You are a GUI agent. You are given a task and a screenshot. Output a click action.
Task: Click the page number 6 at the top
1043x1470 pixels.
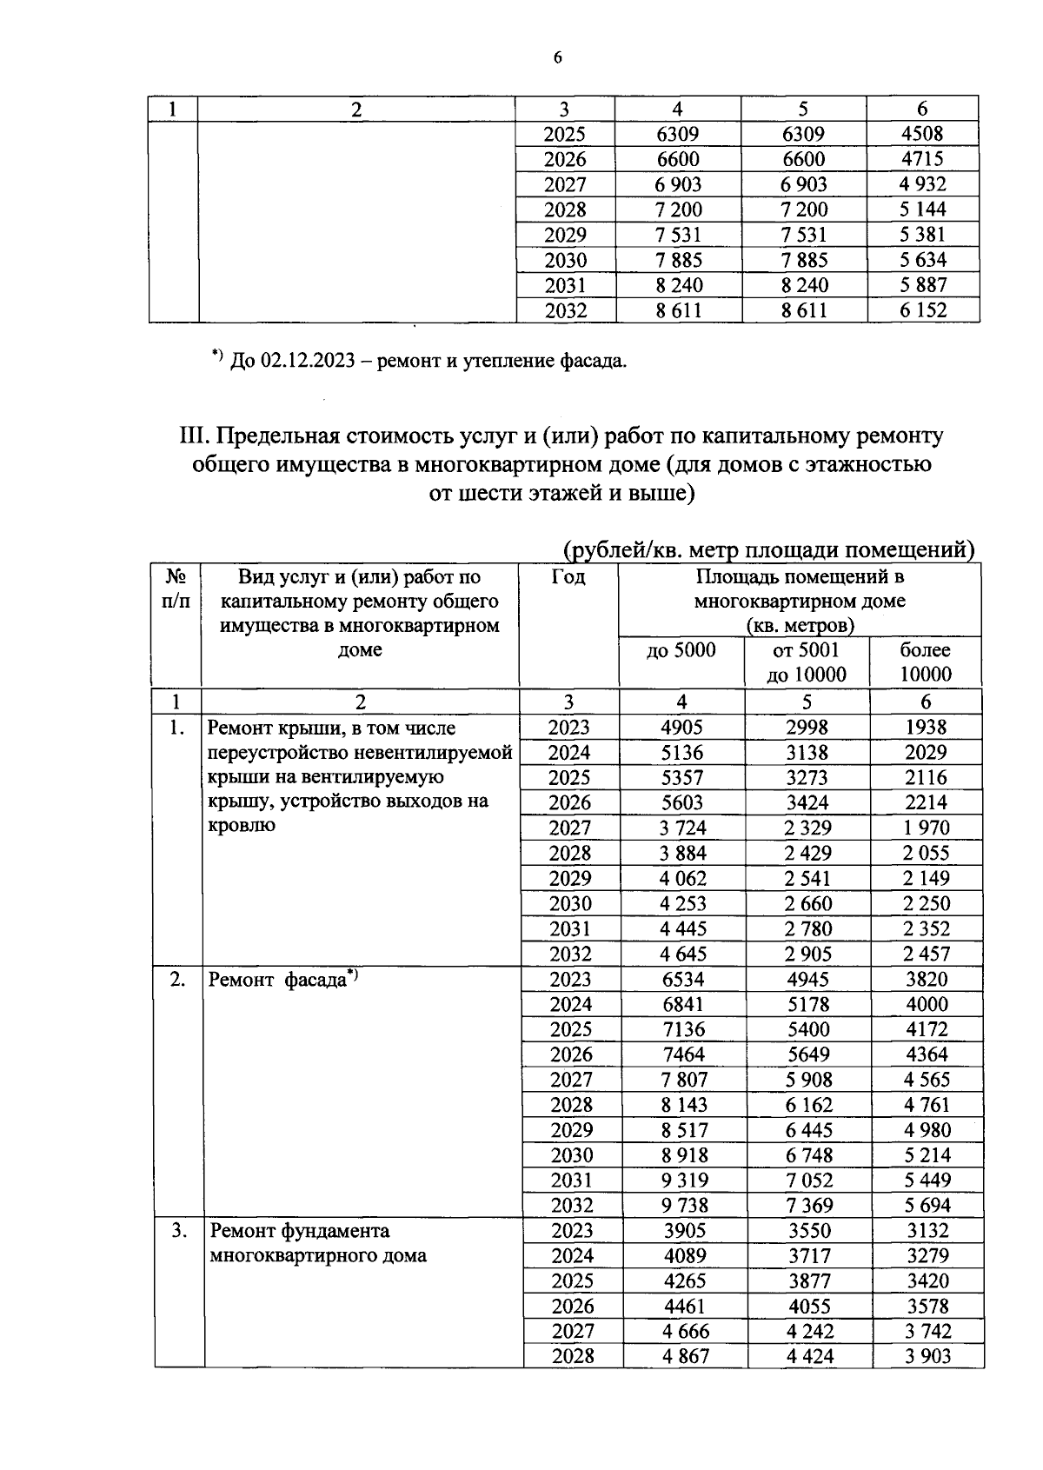[557, 58]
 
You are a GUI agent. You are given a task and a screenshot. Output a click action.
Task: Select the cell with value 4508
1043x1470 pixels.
[922, 134]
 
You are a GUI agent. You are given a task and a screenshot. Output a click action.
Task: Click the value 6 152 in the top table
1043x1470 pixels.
[922, 310]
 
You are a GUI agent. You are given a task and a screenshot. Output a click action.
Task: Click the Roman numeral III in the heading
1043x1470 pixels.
[190, 435]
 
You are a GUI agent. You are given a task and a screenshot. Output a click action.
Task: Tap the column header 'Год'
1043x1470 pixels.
[568, 577]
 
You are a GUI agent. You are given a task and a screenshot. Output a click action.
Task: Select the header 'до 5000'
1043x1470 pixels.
[681, 650]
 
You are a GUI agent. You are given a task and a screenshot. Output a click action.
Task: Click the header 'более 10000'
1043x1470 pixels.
[925, 662]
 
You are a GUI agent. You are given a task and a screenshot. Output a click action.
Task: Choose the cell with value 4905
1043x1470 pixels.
[681, 728]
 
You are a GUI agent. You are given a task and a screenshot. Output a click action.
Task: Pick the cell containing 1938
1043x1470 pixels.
[925, 728]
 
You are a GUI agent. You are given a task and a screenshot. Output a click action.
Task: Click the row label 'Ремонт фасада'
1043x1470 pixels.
[278, 981]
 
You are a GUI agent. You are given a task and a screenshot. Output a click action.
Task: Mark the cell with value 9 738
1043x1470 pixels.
[683, 1205]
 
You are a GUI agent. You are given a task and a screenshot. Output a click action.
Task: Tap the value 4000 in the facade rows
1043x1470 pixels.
[926, 1004]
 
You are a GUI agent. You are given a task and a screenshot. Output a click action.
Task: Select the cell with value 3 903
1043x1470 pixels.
[927, 1356]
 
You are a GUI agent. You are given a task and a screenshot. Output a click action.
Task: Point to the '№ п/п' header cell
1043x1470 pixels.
[176, 589]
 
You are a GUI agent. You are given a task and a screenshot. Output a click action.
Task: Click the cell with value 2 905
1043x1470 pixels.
[807, 954]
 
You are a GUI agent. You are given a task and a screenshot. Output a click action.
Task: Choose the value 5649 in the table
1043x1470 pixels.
[807, 1054]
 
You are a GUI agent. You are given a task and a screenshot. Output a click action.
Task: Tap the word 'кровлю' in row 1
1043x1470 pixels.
[242, 825]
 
